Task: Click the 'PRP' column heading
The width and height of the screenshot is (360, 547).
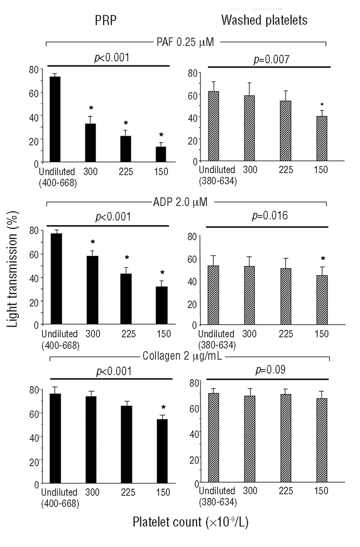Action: click(x=104, y=20)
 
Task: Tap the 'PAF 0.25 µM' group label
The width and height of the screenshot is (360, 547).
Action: click(x=185, y=42)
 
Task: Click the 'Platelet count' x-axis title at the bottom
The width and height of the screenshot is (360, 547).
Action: click(x=190, y=522)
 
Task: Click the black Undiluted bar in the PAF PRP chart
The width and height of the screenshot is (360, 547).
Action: click(x=55, y=120)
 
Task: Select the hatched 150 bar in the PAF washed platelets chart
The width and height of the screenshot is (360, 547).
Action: click(x=322, y=139)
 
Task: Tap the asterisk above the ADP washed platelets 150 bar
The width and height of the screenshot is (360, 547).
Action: click(x=323, y=259)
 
